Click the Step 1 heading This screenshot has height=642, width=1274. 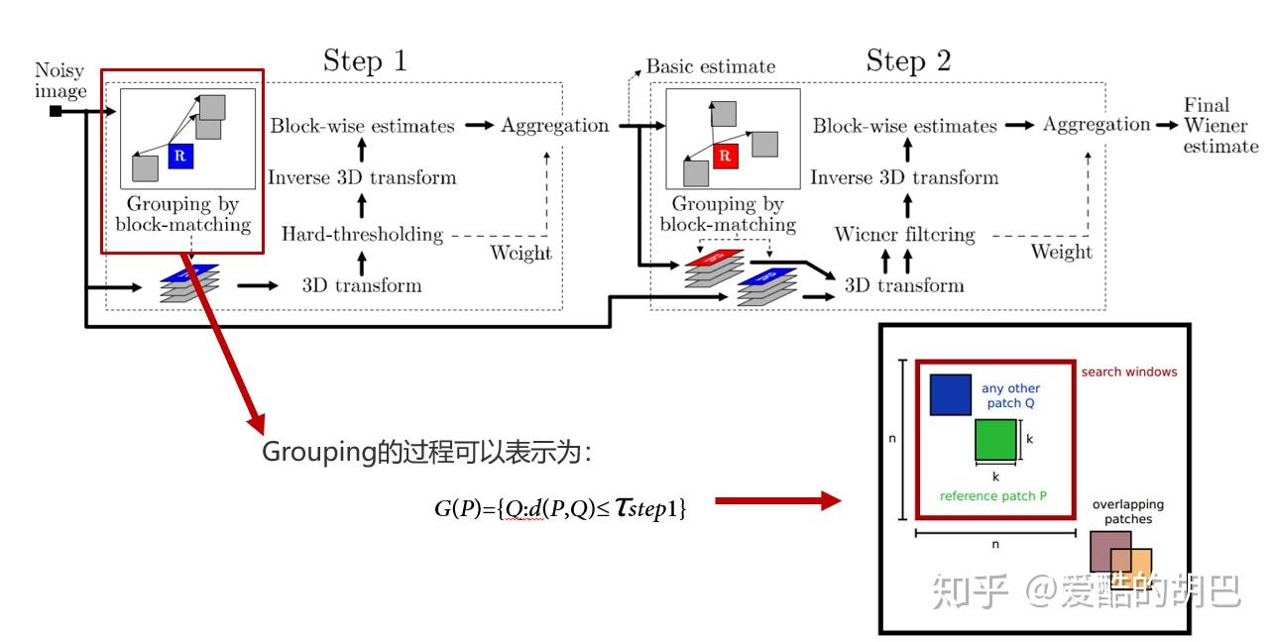365,61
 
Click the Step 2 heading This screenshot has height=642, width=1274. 908,61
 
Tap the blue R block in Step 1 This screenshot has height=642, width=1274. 180,156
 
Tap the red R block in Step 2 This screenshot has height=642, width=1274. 725,156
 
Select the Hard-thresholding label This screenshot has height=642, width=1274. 362,235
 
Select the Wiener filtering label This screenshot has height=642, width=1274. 904,235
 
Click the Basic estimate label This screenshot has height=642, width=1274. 710,67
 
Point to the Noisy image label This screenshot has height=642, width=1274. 60,81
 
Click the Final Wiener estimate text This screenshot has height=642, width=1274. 1220,126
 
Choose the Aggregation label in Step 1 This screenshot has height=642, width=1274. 555,126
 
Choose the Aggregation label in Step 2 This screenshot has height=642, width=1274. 1097,125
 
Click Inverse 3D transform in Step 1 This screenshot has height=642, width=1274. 362,178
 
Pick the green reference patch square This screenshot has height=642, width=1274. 995,440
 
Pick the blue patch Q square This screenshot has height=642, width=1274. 950,394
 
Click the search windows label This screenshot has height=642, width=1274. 1128,373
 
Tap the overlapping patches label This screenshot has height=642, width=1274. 1127,511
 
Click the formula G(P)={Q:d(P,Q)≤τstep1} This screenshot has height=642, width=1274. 560,509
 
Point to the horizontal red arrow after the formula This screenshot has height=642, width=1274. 777,501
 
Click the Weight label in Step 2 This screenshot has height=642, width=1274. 1061,252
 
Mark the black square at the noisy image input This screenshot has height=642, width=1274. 56,111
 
